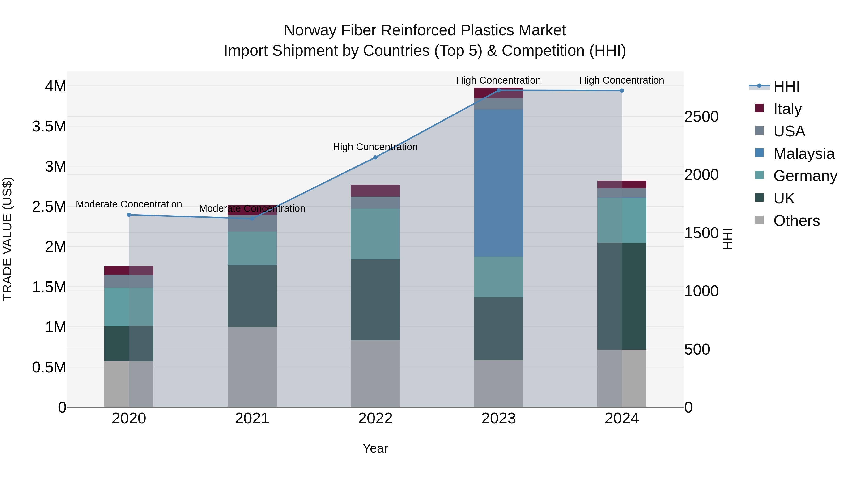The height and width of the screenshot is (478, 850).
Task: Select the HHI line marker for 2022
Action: tap(375, 157)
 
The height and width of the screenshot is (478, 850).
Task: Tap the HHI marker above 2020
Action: tap(129, 215)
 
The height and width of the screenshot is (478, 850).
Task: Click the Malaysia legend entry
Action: tap(803, 153)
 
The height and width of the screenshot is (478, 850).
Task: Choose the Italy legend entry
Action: tap(787, 109)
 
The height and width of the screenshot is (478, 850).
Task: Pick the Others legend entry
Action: tap(796, 220)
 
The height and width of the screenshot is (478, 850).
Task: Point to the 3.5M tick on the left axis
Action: tap(49, 126)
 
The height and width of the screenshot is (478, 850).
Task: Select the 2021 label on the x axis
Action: tap(252, 418)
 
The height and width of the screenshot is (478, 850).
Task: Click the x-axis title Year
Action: tap(375, 448)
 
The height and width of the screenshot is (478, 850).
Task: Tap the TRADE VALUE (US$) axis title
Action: tap(8, 239)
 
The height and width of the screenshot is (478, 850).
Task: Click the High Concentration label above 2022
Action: tap(375, 147)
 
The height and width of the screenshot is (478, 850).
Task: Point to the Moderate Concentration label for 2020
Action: tap(129, 204)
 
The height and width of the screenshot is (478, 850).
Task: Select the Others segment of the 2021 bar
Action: tap(252, 367)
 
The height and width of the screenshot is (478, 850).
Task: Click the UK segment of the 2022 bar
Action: tap(375, 300)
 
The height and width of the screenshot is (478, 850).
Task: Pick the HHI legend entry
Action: tap(786, 86)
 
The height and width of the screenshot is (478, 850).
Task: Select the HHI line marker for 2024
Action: tap(622, 90)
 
